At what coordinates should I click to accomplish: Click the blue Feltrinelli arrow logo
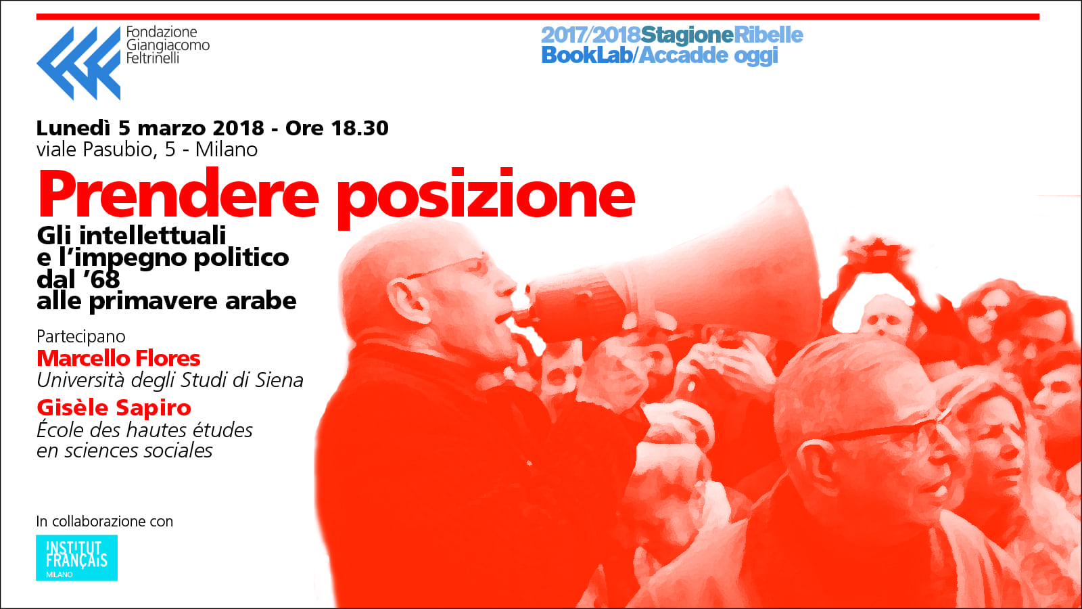click(78, 63)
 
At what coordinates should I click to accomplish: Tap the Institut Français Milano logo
click(77, 558)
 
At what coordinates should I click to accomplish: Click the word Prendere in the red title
click(179, 194)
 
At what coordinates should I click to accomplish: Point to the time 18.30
click(360, 128)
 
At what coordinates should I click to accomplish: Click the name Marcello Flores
click(118, 358)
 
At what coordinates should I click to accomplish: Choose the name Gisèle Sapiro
click(114, 408)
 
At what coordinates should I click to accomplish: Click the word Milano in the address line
click(226, 150)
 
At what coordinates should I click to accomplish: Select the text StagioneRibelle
click(722, 35)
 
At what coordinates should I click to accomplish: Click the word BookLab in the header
click(587, 55)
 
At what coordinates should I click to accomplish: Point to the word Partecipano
click(81, 336)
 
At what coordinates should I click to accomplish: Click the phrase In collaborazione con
click(105, 522)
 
